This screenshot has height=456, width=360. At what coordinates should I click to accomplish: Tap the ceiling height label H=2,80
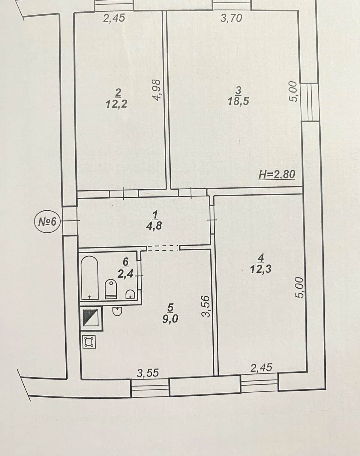click(x=277, y=174)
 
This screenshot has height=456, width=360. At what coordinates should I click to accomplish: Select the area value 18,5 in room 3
click(x=238, y=101)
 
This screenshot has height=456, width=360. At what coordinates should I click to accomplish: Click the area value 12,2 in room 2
click(x=116, y=104)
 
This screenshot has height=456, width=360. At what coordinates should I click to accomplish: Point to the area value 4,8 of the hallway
click(x=154, y=226)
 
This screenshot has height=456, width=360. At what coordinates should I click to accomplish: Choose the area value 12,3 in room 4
click(x=261, y=269)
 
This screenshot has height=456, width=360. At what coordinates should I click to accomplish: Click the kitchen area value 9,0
click(x=170, y=319)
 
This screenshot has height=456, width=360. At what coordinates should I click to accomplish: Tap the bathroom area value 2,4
click(x=125, y=274)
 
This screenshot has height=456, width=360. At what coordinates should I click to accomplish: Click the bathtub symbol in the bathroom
click(x=90, y=278)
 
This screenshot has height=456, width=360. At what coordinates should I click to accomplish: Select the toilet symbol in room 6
click(x=111, y=289)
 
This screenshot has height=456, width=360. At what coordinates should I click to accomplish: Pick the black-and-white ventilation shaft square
click(x=91, y=318)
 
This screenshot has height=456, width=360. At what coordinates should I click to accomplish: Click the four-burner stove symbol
click(x=89, y=342)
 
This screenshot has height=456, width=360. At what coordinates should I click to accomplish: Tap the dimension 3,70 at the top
click(x=231, y=18)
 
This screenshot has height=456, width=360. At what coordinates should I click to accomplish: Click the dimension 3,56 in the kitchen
click(x=206, y=306)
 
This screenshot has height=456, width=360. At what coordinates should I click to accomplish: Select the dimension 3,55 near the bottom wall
click(x=148, y=373)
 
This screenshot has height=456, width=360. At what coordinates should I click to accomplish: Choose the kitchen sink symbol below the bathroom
click(x=117, y=311)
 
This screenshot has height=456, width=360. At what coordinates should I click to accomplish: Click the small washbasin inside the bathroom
click(x=130, y=295)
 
